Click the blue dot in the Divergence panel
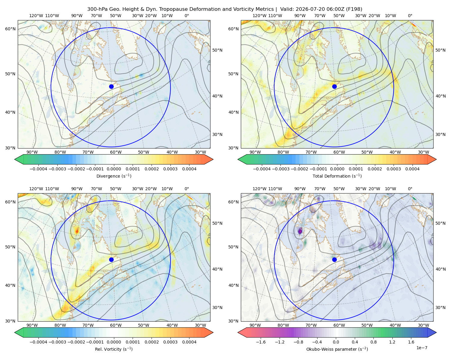click(x=111, y=86)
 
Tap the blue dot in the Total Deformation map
click(x=334, y=86)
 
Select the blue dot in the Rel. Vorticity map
click(x=111, y=259)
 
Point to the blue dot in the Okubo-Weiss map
click(x=334, y=259)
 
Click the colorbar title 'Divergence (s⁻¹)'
click(x=114, y=176)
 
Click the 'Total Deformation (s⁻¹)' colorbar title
click(x=337, y=176)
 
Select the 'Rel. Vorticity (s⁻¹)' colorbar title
click(x=114, y=349)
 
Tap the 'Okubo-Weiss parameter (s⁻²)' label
click(x=337, y=349)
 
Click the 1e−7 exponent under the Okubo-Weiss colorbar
click(x=422, y=348)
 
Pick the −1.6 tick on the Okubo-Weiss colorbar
click(x=261, y=342)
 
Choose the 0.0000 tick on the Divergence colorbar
click(x=114, y=169)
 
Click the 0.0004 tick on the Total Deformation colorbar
click(x=412, y=169)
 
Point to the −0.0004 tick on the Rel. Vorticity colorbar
click(x=38, y=342)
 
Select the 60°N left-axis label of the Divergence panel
click(x=10, y=29)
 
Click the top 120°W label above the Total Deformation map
click(x=259, y=16)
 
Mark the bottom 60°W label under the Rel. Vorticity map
click(x=116, y=325)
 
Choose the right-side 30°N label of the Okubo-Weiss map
click(x=440, y=307)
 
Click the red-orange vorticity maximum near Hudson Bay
click(x=77, y=231)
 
